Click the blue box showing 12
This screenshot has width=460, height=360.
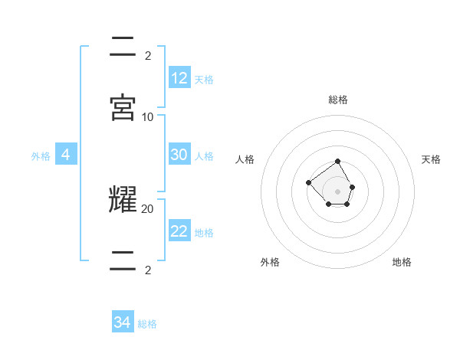point(179,78)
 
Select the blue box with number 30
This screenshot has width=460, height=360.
point(179,155)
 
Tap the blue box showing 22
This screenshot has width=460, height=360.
point(179,231)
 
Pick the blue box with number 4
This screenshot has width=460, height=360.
point(65,155)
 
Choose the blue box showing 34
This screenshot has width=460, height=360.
point(123,322)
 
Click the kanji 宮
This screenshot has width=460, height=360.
point(123,106)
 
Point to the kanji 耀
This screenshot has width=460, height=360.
point(123,199)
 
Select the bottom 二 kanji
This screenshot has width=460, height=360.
point(123,260)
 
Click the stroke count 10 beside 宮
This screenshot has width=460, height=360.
point(148,117)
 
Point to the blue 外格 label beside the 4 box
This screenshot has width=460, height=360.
point(41,156)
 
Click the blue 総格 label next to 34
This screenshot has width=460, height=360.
point(147,324)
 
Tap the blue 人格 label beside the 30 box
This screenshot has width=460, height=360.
point(204,156)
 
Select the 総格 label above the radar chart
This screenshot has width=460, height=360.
point(338,100)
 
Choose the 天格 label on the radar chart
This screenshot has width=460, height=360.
point(431,159)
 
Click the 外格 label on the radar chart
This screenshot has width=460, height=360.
point(270,262)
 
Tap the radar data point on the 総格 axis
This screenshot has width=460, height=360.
point(338,161)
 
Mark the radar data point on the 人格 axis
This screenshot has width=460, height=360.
point(308,182)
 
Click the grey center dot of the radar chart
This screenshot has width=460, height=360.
point(338,191)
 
